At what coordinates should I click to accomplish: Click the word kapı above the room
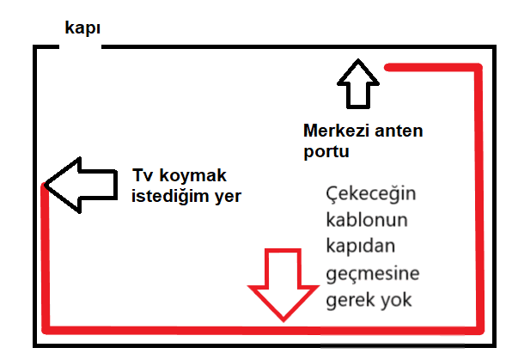82,28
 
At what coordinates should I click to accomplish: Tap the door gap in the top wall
81,47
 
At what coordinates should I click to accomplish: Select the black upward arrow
358,83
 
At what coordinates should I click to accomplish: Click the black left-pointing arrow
81,186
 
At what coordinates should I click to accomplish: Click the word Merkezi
336,131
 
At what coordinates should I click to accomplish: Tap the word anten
399,131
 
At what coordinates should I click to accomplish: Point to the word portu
326,151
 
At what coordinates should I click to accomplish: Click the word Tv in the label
143,175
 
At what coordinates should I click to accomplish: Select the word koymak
192,175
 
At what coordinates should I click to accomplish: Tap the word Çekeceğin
371,193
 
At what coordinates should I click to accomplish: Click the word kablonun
367,220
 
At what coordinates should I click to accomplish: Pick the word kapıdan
361,246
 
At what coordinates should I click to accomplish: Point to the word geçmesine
373,274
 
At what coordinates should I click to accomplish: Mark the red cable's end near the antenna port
387,67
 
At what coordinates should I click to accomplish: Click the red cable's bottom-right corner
479,330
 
